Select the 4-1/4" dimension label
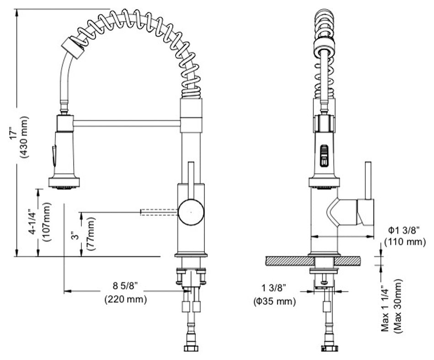point(31,222)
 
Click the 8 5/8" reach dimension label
point(126,286)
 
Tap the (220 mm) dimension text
point(126,300)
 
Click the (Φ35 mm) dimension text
point(274,301)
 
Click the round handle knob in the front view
point(191,212)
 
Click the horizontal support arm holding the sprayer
point(127,122)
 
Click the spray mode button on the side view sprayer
point(324,155)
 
